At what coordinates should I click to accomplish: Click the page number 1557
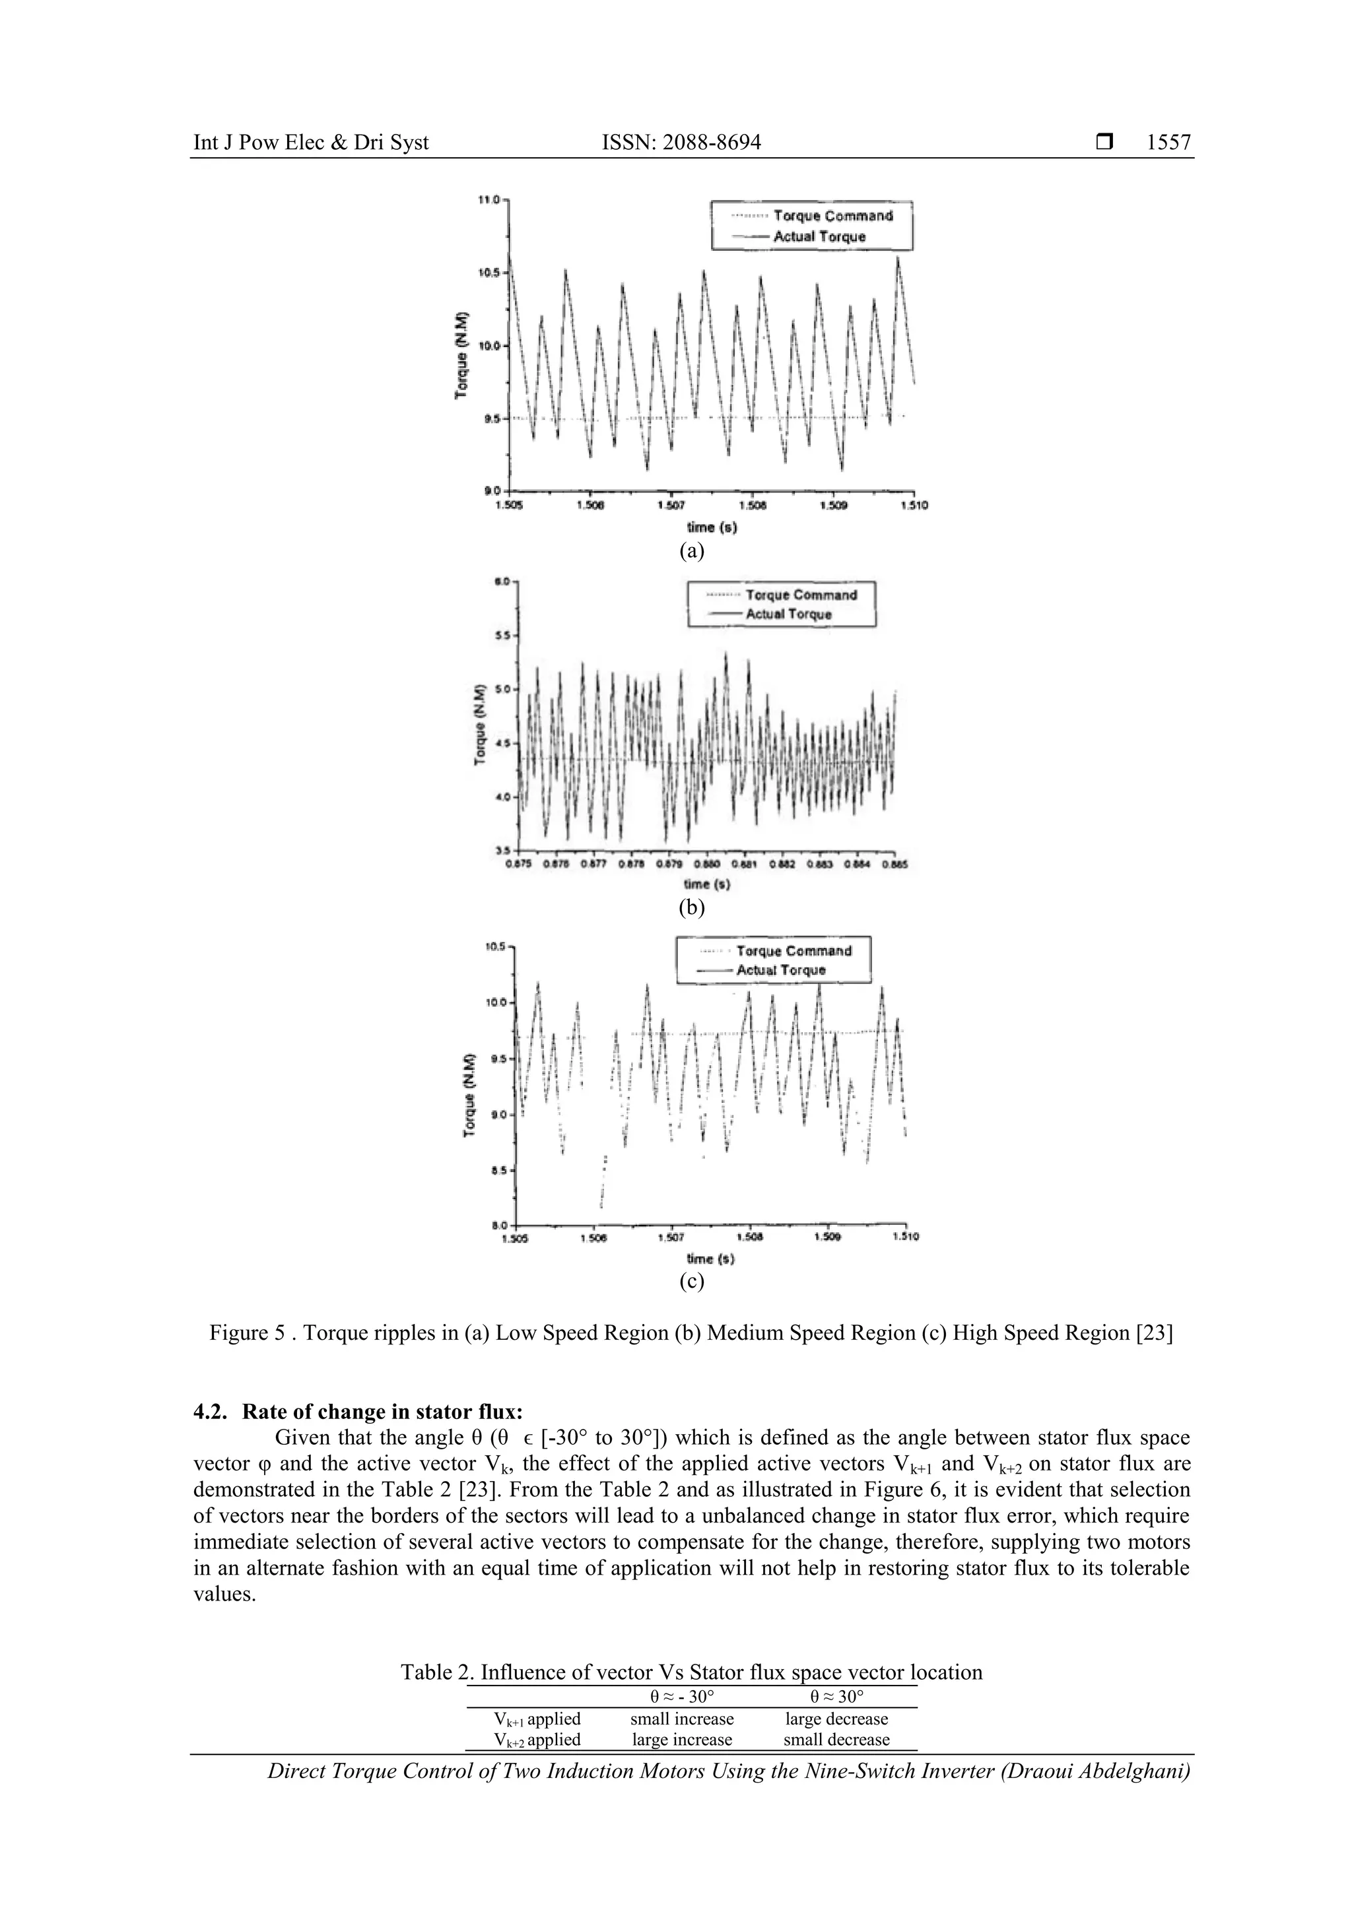point(1168,143)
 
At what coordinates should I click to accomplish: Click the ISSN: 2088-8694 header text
point(681,143)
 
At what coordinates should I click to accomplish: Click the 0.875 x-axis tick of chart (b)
point(518,865)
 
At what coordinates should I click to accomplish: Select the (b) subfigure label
point(691,907)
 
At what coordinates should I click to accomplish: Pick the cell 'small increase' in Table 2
point(681,1719)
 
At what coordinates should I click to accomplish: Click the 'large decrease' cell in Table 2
point(836,1719)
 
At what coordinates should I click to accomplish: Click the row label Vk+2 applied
point(537,1740)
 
